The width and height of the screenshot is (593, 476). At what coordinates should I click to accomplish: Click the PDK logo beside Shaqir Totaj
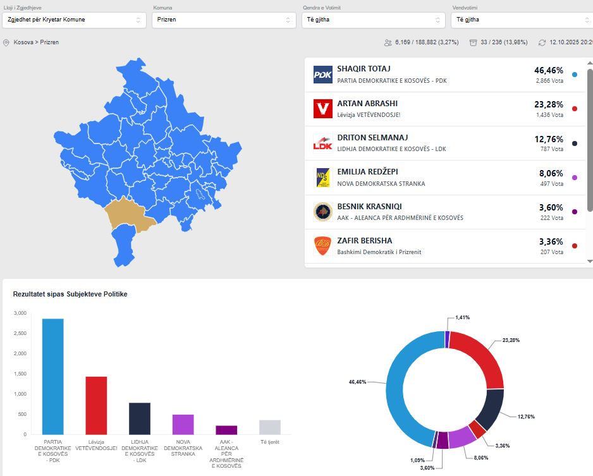tap(322, 75)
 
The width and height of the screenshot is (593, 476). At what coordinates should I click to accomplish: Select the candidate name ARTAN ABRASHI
tap(367, 103)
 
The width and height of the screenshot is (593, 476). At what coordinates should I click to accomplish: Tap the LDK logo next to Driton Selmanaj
tap(322, 143)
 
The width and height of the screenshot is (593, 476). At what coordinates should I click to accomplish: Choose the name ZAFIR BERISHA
tap(364, 240)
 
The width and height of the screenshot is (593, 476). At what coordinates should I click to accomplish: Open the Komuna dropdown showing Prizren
tap(224, 20)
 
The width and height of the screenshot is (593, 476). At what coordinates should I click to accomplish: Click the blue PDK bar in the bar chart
tap(53, 376)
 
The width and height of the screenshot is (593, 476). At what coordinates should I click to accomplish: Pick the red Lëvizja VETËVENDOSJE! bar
tap(96, 405)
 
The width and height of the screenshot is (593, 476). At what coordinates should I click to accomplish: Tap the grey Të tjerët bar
tap(269, 427)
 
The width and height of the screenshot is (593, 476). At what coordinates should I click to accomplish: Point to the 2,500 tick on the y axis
tap(20, 333)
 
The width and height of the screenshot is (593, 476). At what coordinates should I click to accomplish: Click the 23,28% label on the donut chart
tap(512, 340)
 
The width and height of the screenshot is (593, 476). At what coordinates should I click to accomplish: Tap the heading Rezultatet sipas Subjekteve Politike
tap(70, 295)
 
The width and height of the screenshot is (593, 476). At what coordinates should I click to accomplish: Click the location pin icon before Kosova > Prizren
tap(6, 42)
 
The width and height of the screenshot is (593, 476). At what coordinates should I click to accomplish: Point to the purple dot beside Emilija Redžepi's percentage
tap(574, 178)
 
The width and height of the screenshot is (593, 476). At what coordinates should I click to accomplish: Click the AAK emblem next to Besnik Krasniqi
tap(322, 211)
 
